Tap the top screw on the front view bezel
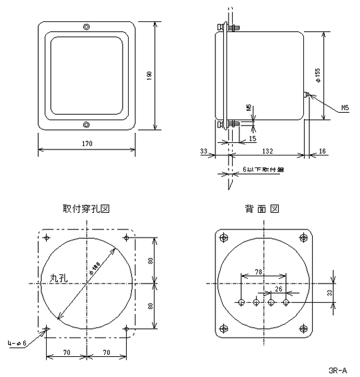(86, 27)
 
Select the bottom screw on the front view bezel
(86, 124)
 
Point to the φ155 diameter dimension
(319, 75)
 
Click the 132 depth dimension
(266, 151)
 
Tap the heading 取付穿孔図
(86, 208)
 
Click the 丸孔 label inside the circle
(59, 277)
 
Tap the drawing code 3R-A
(337, 368)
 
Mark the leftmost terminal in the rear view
(241, 302)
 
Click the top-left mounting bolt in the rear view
(223, 237)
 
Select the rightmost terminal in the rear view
(286, 302)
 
